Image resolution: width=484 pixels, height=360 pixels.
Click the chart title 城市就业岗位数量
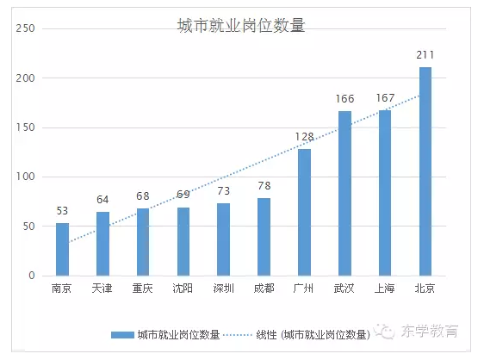point(241,26)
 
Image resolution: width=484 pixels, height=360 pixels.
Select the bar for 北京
point(425,171)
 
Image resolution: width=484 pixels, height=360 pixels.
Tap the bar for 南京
point(62,250)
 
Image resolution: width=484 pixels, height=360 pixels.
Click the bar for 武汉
point(344,194)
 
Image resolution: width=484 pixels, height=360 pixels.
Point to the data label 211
point(425,56)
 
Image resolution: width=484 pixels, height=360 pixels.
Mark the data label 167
point(385,98)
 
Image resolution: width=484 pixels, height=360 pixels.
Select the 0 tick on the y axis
point(30,276)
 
